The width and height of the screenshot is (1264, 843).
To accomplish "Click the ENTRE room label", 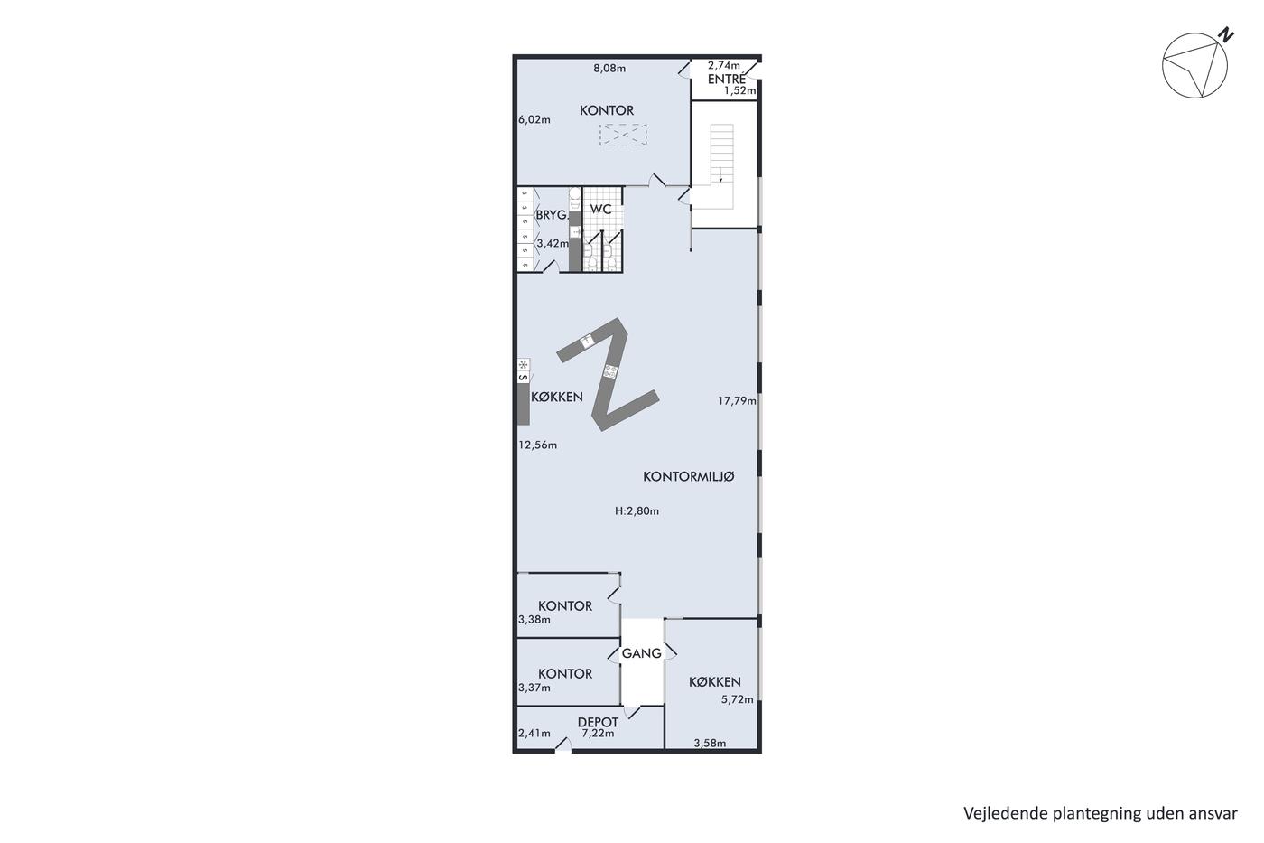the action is (726, 79).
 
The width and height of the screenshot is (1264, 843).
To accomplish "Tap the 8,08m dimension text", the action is (609, 69).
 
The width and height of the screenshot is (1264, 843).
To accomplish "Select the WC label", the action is (601, 210).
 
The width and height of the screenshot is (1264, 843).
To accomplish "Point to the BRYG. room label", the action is (552, 215).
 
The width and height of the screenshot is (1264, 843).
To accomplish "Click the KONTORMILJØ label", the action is (688, 476).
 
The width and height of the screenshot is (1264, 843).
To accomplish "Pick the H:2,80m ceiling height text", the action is (637, 511).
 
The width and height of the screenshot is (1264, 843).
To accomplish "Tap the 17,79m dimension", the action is (737, 401).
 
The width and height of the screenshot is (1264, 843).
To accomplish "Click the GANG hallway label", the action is (642, 653).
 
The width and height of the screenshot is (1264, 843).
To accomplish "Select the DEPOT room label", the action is (598, 722).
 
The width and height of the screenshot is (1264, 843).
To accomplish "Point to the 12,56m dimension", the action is (538, 445).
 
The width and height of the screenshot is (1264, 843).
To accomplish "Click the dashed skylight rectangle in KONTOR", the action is (623, 136).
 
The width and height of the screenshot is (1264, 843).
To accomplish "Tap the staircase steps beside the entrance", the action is (721, 153).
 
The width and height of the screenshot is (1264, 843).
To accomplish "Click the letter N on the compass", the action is (1226, 35).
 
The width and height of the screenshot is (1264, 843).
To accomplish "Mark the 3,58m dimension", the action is (710, 743).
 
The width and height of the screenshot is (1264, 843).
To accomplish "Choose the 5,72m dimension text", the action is (737, 699).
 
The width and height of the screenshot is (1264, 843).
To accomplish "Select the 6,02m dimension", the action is (534, 119).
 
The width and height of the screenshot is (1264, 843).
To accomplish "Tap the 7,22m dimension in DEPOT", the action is (598, 734).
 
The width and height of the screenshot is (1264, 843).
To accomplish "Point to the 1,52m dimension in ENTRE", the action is (740, 91).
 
